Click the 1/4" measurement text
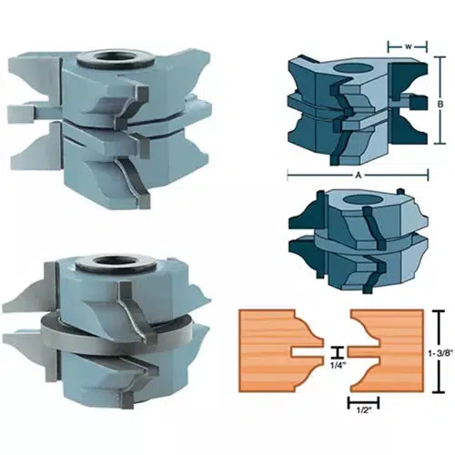336,366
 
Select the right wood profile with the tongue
387,347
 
